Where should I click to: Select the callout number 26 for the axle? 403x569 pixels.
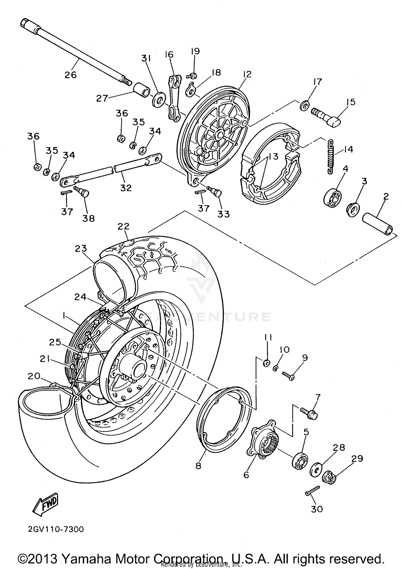pos(70,74)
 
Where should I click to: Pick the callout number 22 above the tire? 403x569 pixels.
pos(123,226)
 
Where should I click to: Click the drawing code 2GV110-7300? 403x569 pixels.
pos(56,530)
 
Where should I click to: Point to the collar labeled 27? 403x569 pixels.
pos(141,90)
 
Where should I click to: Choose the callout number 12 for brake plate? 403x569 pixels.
pos(247,74)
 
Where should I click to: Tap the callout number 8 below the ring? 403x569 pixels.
pos(198,466)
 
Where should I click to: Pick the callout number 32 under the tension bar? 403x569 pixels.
pos(126,188)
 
